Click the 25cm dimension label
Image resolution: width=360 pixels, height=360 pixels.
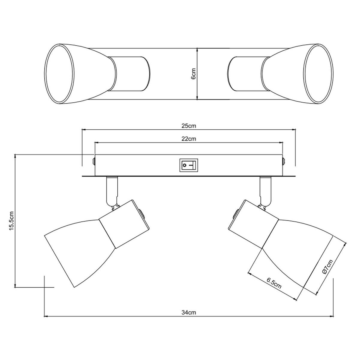(x=189, y=126)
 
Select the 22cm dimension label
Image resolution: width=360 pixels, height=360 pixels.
(x=189, y=139)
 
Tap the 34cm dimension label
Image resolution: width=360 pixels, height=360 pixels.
(x=189, y=313)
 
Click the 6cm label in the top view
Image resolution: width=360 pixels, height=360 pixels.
(x=193, y=74)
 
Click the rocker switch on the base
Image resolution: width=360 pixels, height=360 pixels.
(x=189, y=165)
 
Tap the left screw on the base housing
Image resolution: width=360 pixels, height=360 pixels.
(x=94, y=161)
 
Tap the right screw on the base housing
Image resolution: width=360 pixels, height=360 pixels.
(x=283, y=161)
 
